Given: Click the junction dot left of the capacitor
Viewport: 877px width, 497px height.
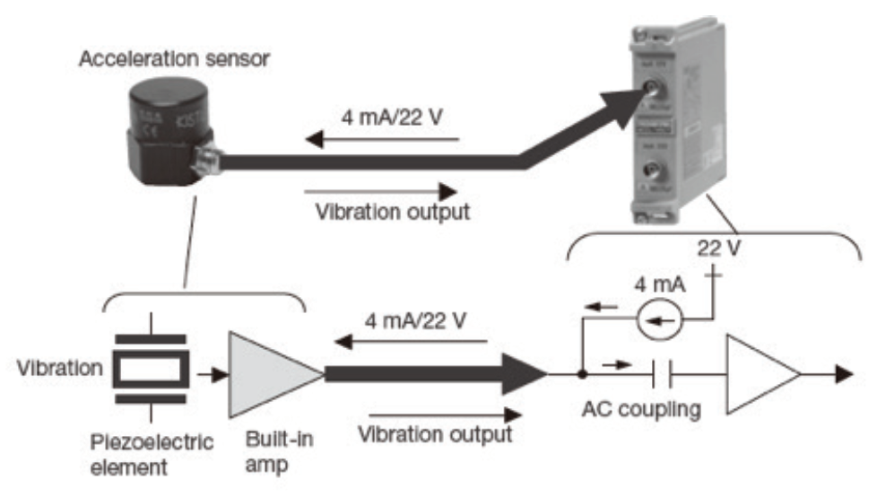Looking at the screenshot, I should [x=583, y=374].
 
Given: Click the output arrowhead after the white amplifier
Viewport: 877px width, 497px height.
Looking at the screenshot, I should [x=842, y=374].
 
